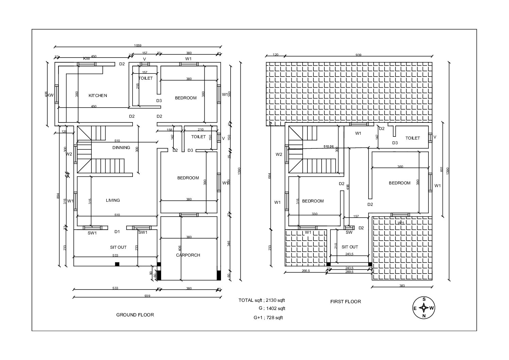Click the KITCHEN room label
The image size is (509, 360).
(x=98, y=96)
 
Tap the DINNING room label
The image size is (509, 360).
(x=121, y=148)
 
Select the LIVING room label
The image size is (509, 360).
(x=113, y=200)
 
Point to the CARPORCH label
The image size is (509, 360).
(x=188, y=255)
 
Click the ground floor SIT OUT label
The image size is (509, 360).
(x=118, y=247)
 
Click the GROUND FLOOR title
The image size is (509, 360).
(x=135, y=315)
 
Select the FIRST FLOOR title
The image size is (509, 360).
(x=345, y=301)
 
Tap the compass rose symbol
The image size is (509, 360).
(x=424, y=308)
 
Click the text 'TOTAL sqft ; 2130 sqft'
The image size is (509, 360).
(x=261, y=300)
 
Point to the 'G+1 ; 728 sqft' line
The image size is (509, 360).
(x=268, y=318)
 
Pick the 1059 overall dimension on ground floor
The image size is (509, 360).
(x=138, y=45)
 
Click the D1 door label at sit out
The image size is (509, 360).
(x=117, y=232)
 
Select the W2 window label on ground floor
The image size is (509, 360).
(x=69, y=154)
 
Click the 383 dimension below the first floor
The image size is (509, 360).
(x=402, y=286)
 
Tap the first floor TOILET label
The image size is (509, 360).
(x=412, y=138)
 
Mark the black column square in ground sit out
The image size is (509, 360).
(x=117, y=264)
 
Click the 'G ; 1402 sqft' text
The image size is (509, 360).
(x=272, y=309)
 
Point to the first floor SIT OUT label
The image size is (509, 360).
(x=350, y=247)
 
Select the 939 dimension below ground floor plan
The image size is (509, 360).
(x=147, y=296)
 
